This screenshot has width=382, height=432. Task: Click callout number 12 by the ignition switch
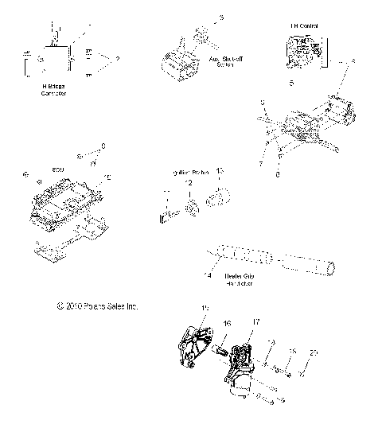tap(188, 183)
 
